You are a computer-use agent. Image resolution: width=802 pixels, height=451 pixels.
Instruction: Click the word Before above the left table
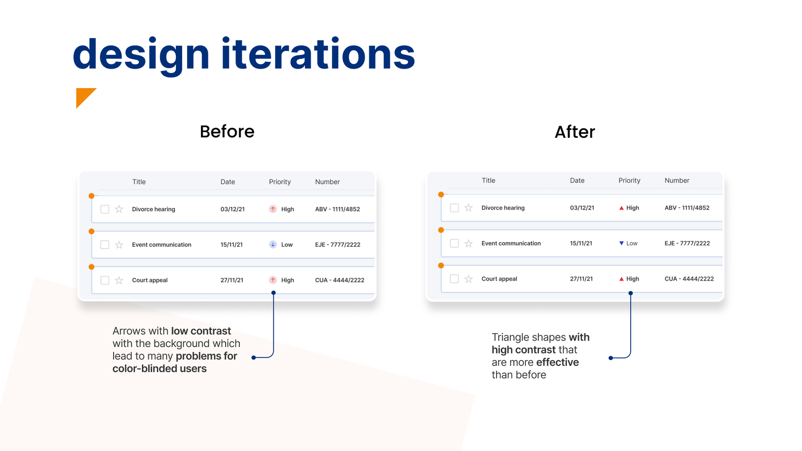point(227,132)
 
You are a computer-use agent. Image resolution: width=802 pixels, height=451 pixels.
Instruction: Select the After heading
point(575,132)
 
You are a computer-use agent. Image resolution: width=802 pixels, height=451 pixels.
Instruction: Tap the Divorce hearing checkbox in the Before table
point(105,209)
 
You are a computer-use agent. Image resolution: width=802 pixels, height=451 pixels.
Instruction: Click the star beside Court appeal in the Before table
point(119,280)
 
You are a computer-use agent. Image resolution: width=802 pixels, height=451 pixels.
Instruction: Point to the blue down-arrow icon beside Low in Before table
point(273,245)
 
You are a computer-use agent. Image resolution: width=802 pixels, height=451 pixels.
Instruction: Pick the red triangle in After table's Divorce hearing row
point(621,208)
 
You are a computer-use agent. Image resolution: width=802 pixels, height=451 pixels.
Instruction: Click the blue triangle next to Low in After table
point(621,243)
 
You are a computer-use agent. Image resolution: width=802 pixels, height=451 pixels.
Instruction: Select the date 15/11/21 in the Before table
point(232,245)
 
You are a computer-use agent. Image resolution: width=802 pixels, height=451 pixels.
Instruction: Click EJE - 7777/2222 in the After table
point(687,243)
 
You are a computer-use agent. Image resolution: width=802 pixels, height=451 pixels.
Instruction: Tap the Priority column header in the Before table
point(280,182)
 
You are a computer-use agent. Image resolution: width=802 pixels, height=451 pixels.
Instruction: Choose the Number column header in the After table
point(677,180)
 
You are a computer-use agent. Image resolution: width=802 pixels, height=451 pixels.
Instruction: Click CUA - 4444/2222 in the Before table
point(340,280)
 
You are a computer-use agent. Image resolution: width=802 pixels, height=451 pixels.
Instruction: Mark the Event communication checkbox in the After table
point(454,243)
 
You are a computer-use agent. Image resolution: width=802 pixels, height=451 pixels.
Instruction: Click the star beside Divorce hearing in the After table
point(469,208)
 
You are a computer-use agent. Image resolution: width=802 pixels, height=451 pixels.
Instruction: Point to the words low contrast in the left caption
point(201,331)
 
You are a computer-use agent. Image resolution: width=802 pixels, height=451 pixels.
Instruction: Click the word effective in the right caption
point(557,362)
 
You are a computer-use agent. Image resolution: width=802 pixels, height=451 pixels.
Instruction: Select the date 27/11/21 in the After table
point(582,279)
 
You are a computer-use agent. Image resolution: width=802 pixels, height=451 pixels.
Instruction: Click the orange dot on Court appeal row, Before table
point(91,267)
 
